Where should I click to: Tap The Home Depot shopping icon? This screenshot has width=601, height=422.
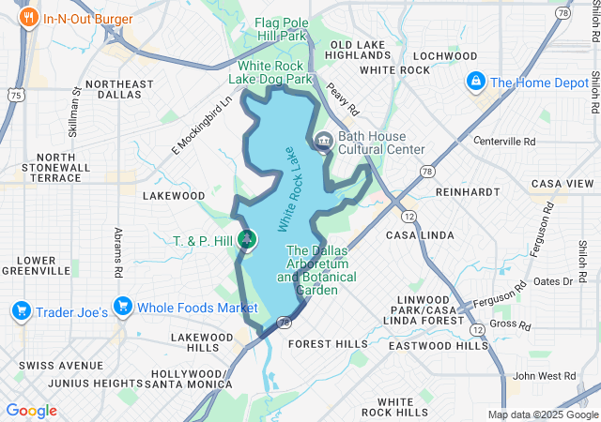click(x=477, y=83)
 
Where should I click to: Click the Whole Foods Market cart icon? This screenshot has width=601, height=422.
click(x=121, y=307)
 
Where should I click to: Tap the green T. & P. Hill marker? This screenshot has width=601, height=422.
click(x=247, y=240)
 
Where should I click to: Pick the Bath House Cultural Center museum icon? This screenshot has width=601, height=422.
click(x=322, y=142)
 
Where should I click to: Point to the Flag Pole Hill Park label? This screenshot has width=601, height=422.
click(x=282, y=28)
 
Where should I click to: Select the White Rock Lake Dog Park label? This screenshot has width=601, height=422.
click(x=274, y=73)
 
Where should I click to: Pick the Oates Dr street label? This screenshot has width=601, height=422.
click(x=553, y=281)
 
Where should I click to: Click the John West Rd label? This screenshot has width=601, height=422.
click(x=539, y=375)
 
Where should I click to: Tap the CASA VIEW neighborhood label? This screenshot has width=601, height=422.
click(x=562, y=184)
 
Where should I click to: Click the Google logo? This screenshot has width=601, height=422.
click(x=31, y=411)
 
